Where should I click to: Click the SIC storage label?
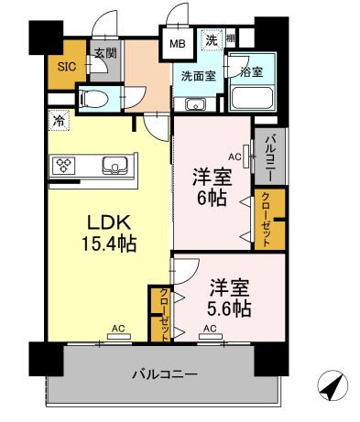[66, 66]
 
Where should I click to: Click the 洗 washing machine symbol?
[212, 39]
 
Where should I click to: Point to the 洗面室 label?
[198, 76]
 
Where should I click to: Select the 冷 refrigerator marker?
[59, 119]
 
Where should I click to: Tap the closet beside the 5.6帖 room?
[162, 314]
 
